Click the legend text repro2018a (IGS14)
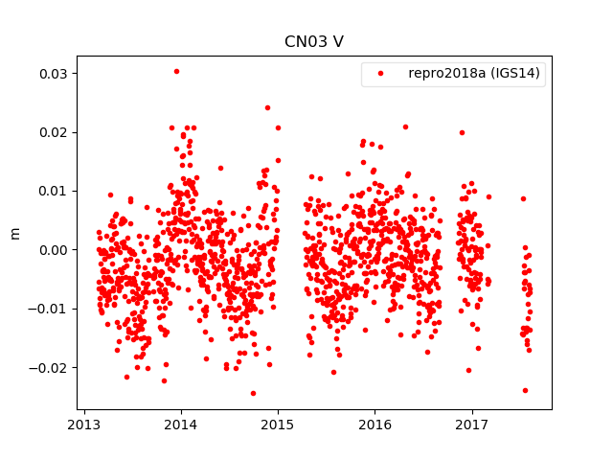(x=476, y=74)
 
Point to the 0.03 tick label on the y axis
(x=53, y=74)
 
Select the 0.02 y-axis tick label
(x=53, y=132)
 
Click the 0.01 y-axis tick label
(x=53, y=191)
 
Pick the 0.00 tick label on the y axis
(x=53, y=249)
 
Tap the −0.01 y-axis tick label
(x=49, y=309)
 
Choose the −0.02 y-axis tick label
(x=49, y=367)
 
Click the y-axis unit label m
(x=14, y=233)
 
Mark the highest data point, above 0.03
(x=176, y=71)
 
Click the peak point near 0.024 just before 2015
(x=267, y=107)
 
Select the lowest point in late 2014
(x=253, y=393)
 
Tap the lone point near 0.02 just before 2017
(x=462, y=132)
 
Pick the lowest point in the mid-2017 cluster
(x=525, y=390)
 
